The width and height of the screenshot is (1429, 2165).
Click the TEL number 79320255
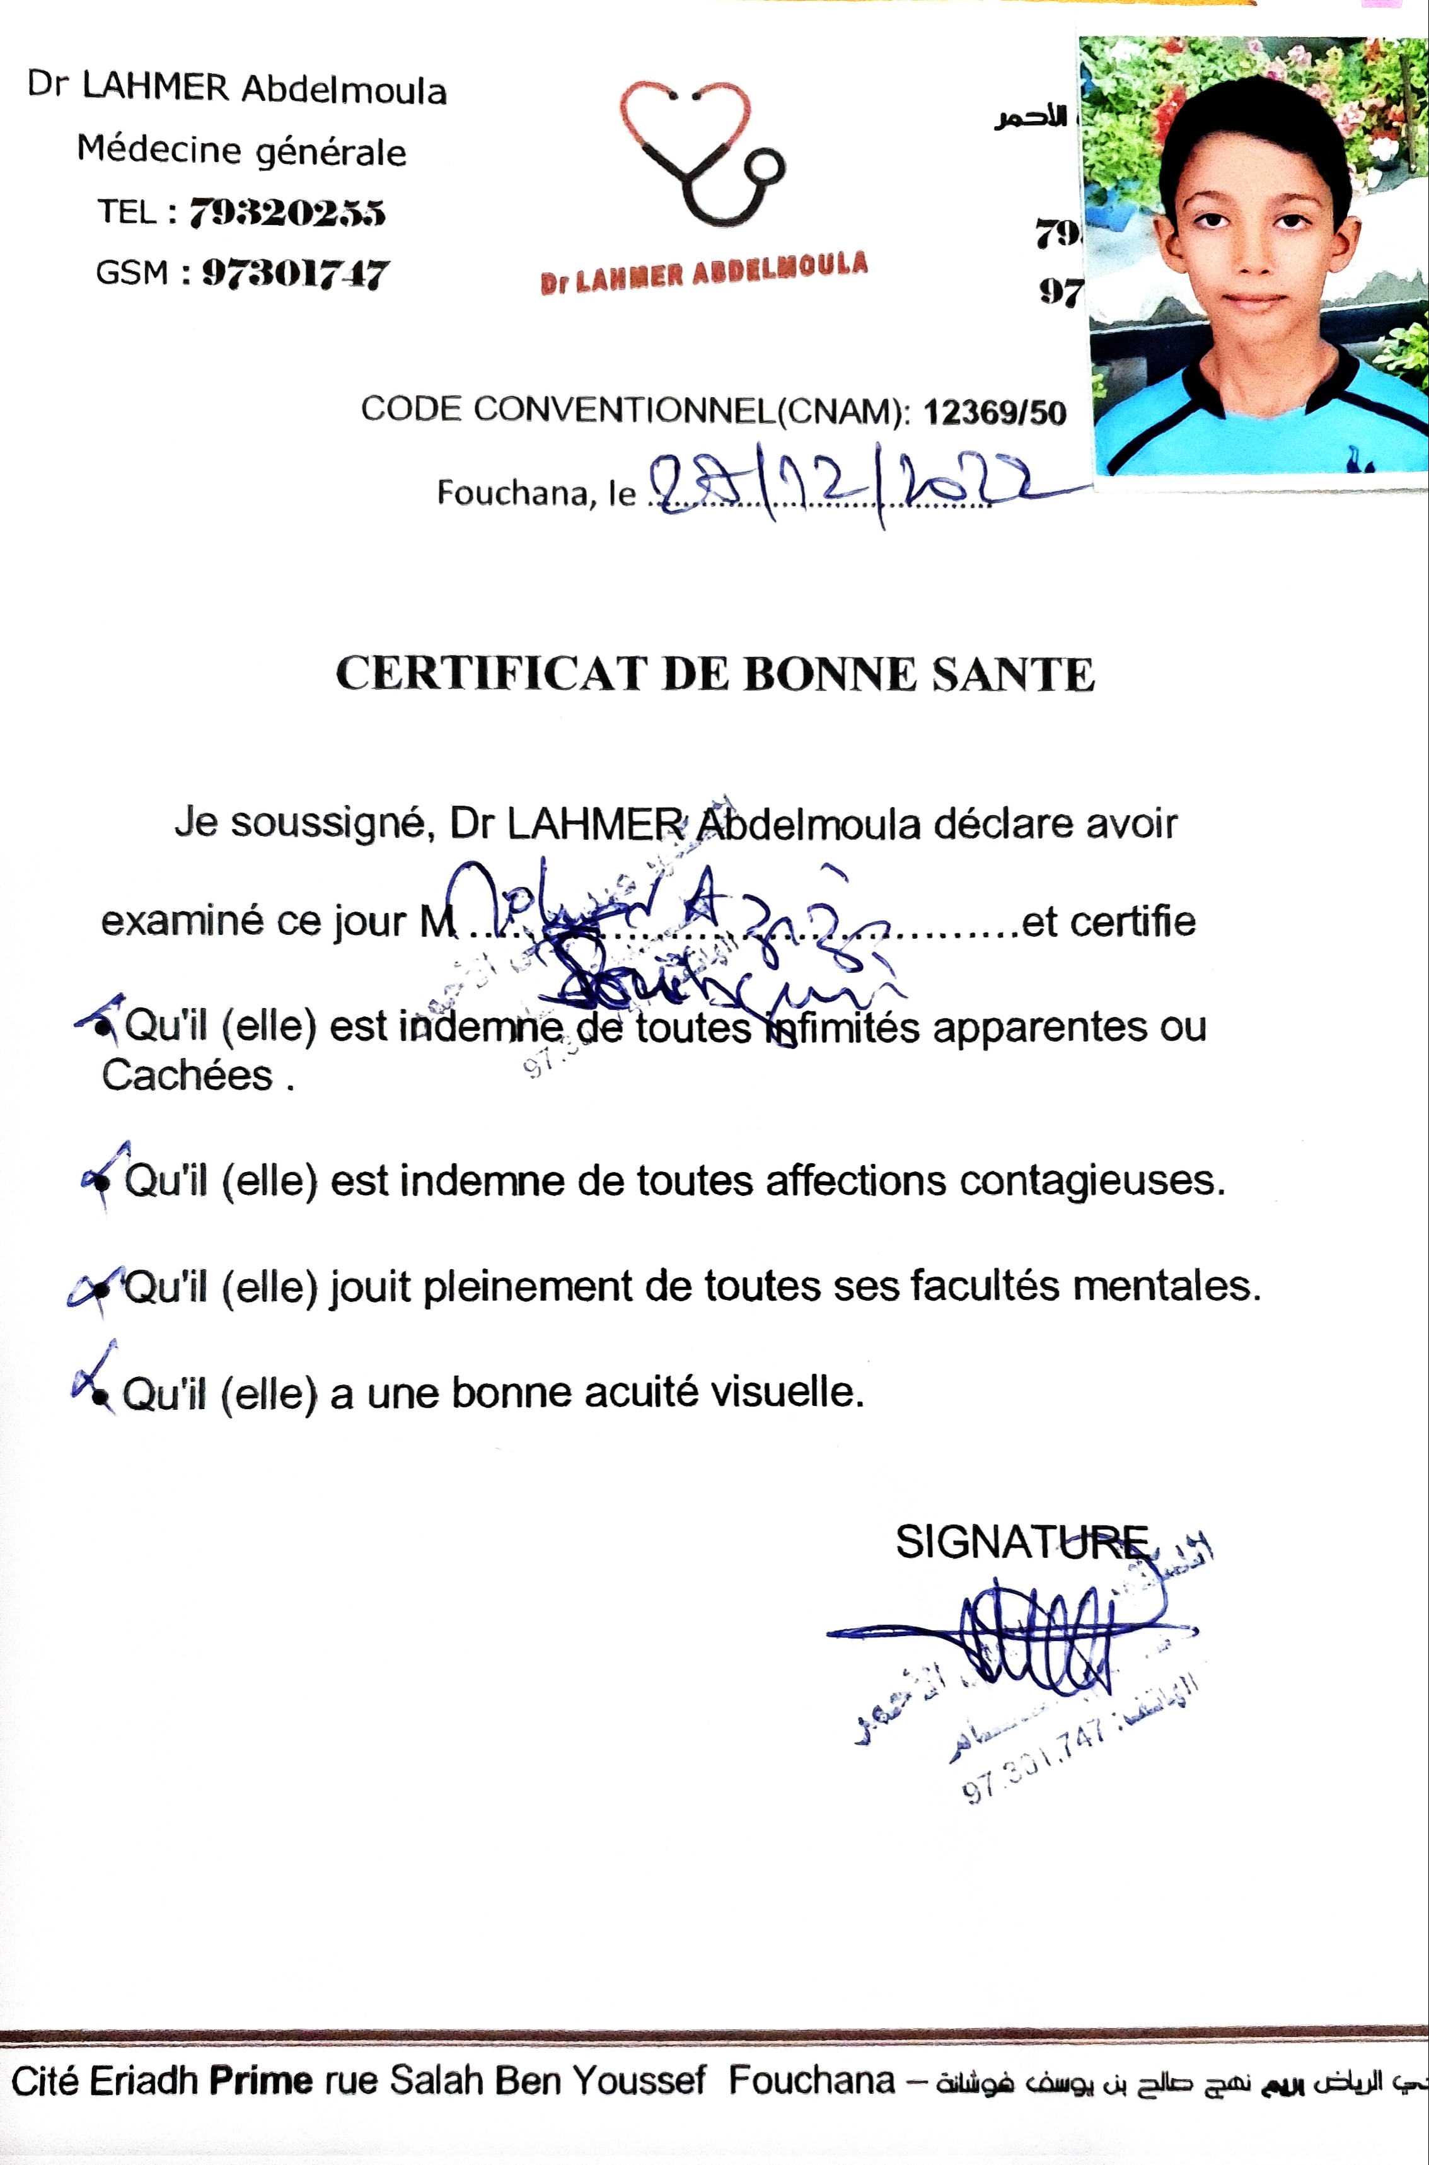pyautogui.click(x=287, y=213)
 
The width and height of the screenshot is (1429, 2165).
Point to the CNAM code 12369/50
pyautogui.click(x=994, y=413)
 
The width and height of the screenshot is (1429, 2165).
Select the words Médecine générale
pyautogui.click(x=241, y=151)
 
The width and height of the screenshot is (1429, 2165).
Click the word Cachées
pyautogui.click(x=188, y=1076)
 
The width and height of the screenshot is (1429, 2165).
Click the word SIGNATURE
pyautogui.click(x=1022, y=1541)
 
